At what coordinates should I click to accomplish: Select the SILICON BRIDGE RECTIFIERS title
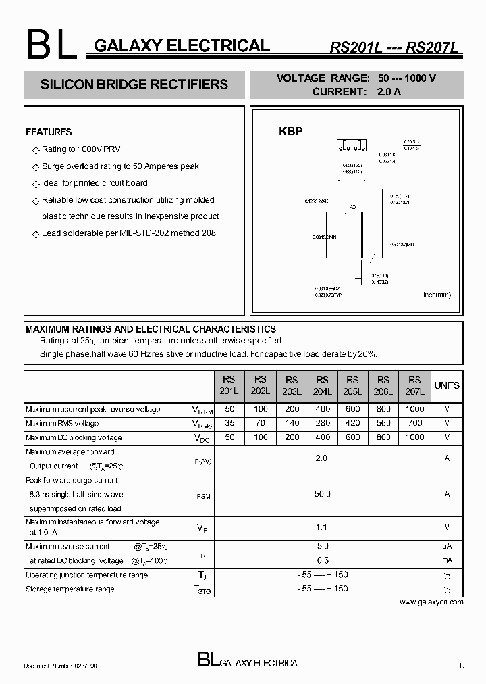tap(134, 85)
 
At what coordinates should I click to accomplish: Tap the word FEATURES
tap(49, 132)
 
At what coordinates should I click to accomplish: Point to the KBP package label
tap(291, 132)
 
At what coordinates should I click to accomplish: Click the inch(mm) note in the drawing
tap(436, 295)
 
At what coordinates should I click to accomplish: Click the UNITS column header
tap(447, 385)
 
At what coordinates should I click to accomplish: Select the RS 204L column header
tap(323, 385)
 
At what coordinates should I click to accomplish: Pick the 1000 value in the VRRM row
tap(415, 409)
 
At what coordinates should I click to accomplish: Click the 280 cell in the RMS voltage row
tap(323, 423)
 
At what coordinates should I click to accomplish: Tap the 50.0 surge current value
tap(323, 494)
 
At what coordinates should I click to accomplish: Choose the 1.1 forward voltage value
tap(323, 527)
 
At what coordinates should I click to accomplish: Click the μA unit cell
tap(447, 546)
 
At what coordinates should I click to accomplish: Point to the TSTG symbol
tap(202, 590)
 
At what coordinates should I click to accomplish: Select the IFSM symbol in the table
tap(202, 495)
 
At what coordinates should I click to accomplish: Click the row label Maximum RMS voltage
tap(62, 424)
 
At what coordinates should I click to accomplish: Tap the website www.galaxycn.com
tap(431, 602)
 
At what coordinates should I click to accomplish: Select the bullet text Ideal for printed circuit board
tap(94, 183)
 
